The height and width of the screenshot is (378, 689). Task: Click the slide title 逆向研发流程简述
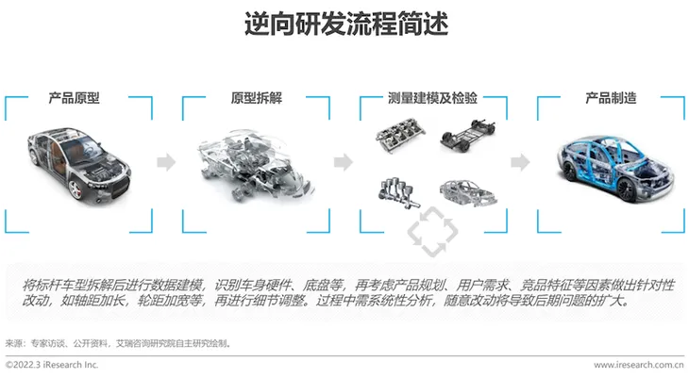coord(346,24)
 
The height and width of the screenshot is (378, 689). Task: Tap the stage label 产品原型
coord(75,97)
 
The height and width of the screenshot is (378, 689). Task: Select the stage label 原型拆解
coord(257,97)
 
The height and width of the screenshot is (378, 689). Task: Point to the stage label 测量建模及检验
coord(432,97)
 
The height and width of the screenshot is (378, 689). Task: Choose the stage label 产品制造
coord(611,97)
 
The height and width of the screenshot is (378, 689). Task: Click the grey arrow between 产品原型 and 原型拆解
coord(166,162)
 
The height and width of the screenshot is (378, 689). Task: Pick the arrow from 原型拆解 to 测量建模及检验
coord(344,162)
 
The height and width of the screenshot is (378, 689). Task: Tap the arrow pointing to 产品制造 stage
coord(520,162)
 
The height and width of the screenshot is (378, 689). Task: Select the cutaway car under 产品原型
coord(79,163)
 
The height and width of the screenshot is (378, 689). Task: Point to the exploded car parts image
coord(257,167)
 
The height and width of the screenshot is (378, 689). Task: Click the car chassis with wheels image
coord(467,135)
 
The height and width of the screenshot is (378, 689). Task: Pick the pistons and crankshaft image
coord(398,192)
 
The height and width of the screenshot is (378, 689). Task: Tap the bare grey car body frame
coord(468,192)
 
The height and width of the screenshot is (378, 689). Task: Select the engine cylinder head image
coord(400,135)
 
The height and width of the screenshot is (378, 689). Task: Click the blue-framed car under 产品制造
coord(615,168)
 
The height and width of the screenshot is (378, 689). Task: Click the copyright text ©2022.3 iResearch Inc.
coord(52,365)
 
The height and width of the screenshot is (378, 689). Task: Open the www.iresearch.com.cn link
coord(638,365)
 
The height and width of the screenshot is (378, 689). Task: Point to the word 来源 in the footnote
coord(13,343)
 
